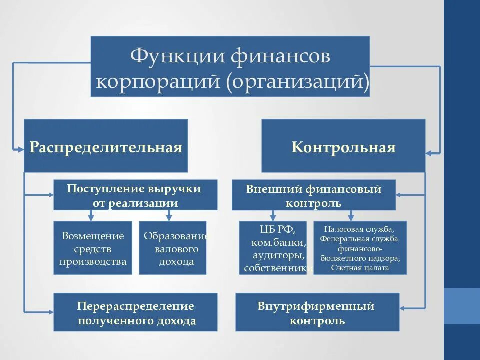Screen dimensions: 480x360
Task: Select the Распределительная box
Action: pos(106,146)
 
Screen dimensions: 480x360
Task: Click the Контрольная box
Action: pos(343,146)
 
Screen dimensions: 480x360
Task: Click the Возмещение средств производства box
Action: pos(93,248)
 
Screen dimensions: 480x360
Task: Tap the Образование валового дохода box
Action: pos(172,248)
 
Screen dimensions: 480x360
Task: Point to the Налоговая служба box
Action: pos(360,248)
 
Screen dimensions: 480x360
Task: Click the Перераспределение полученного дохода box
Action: pos(135,312)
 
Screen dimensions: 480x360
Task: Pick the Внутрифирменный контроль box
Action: pos(317,312)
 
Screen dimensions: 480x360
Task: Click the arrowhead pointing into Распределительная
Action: pos(20,148)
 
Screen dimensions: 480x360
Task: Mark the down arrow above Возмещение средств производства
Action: pos(90,217)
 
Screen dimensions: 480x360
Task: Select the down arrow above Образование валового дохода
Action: pos(169,217)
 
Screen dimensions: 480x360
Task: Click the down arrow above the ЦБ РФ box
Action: pos(272,217)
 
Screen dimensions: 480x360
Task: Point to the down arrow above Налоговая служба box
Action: pos(351,217)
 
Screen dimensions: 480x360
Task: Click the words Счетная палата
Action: pos(360,268)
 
